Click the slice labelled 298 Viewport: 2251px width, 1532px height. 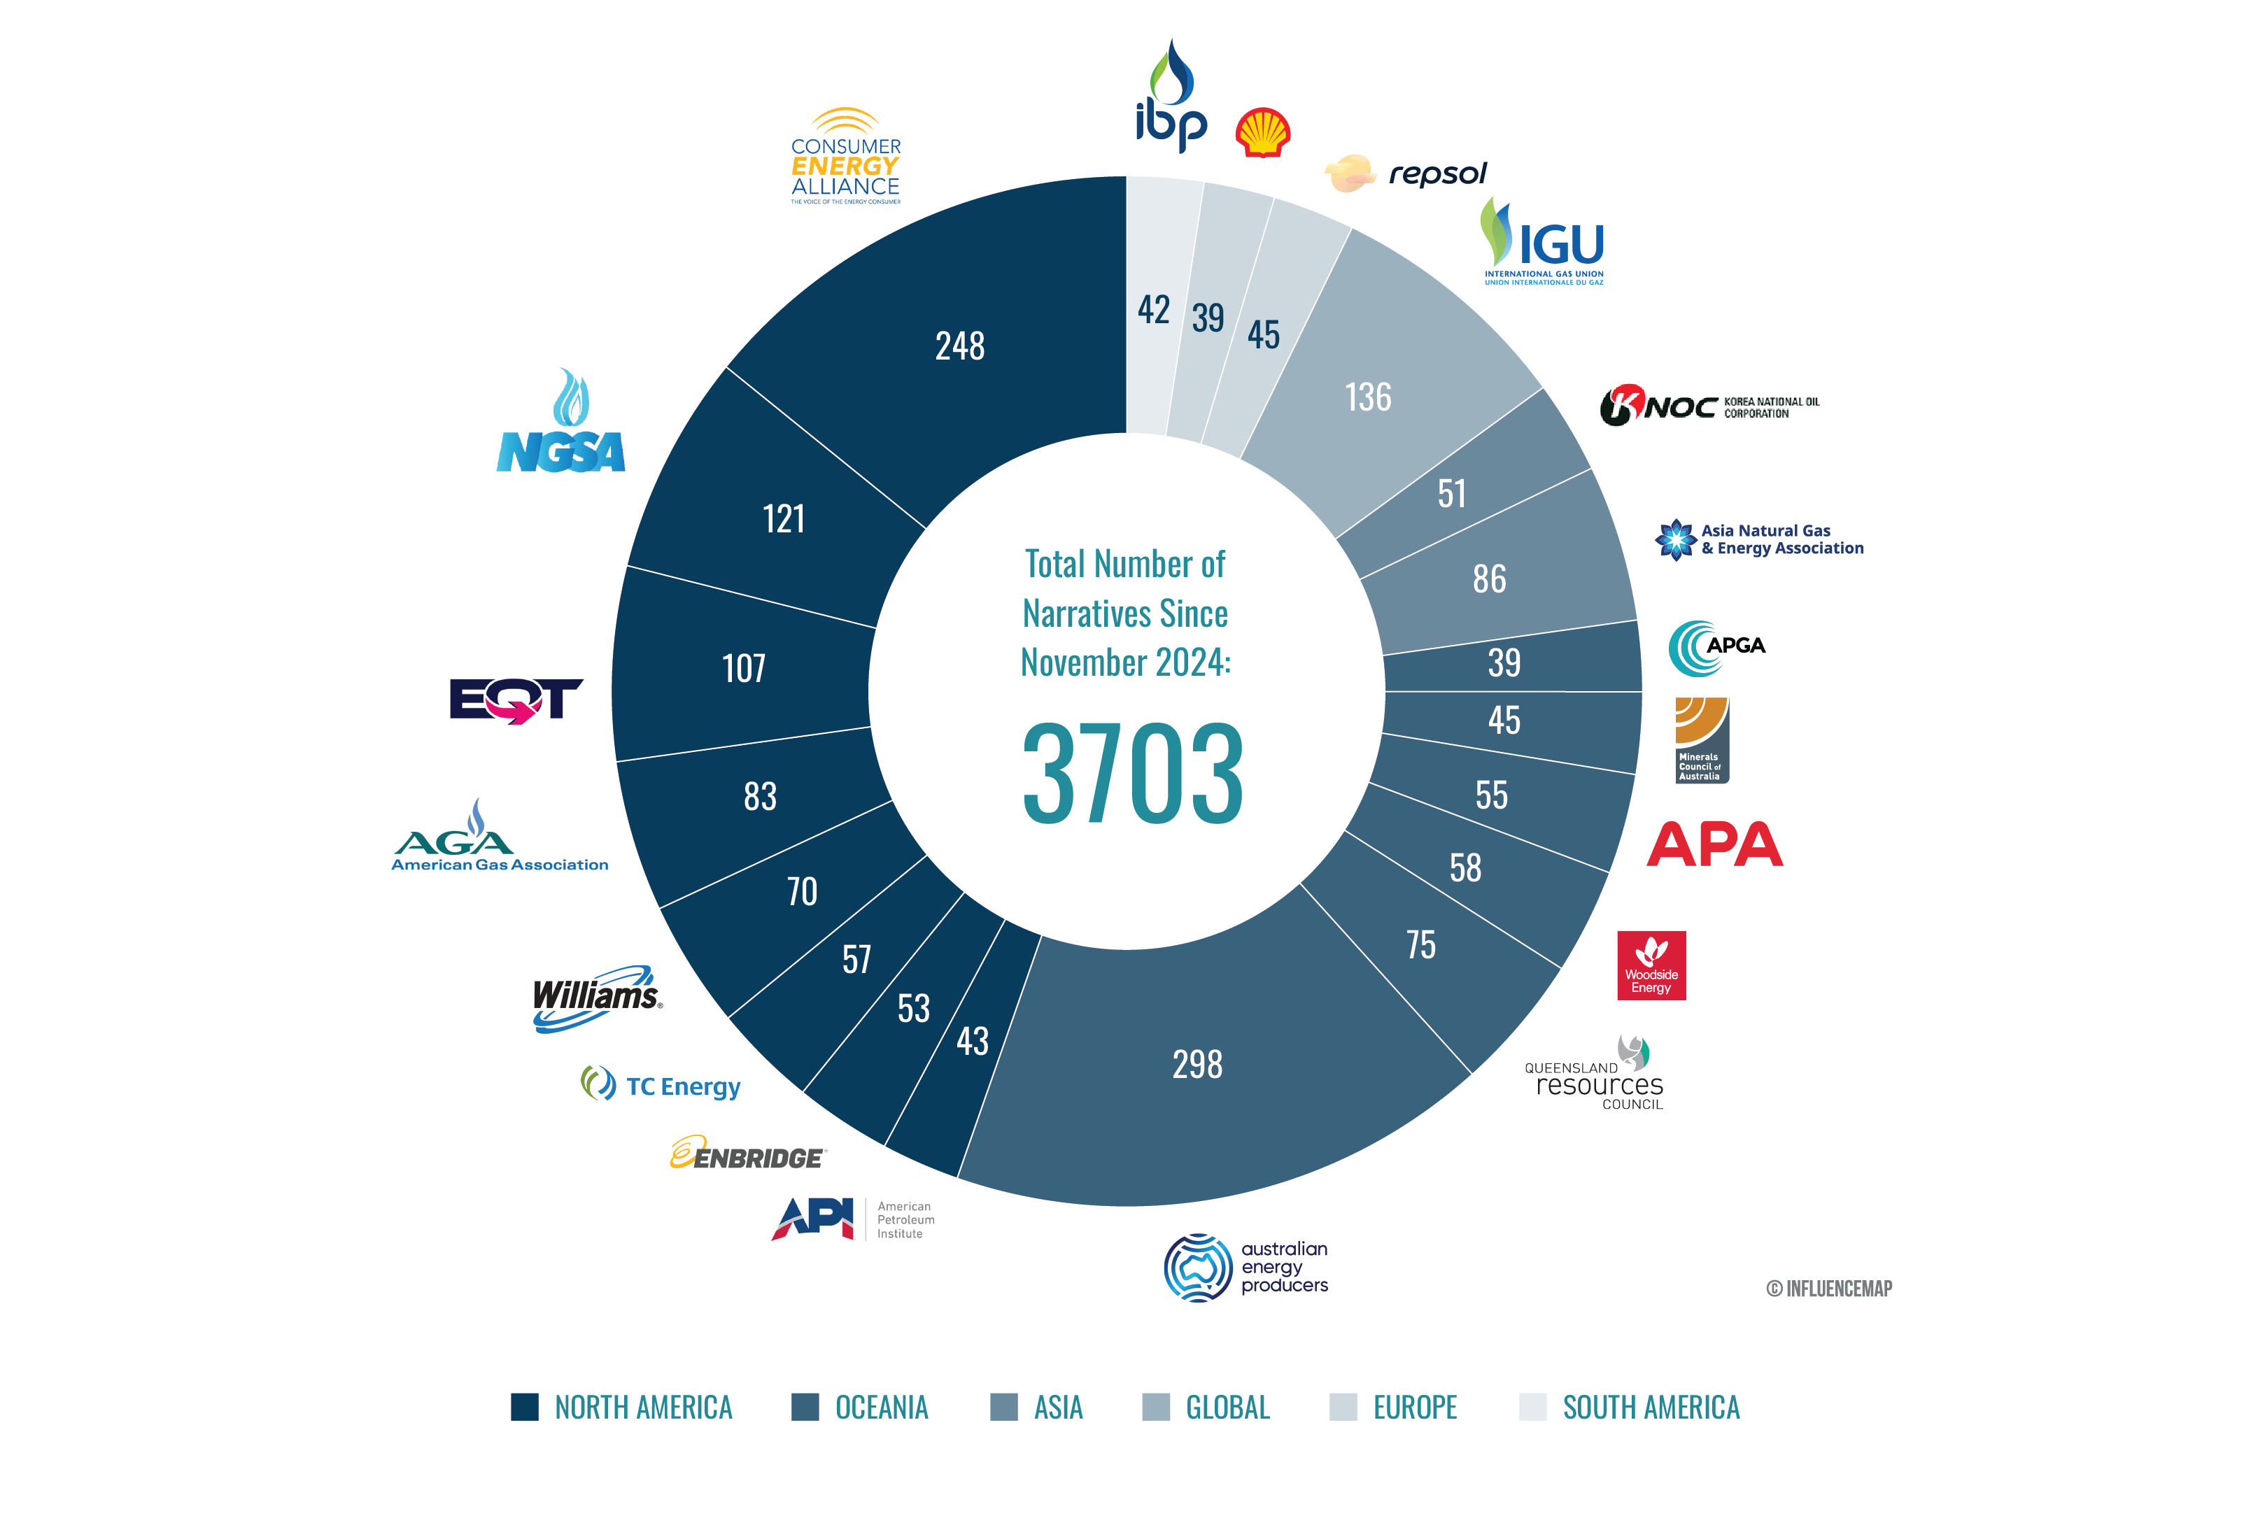[1197, 1064]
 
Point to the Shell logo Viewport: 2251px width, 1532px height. [1262, 133]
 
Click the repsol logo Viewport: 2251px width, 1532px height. [1406, 174]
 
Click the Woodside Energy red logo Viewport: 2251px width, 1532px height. [1651, 965]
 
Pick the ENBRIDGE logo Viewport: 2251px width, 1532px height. [748, 1154]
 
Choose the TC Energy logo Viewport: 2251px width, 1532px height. [661, 1084]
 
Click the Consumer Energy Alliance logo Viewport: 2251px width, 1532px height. [845, 157]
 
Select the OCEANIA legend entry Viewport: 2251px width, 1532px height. [860, 1407]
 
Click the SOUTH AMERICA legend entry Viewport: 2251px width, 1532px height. [1630, 1407]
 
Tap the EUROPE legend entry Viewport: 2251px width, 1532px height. [1394, 1407]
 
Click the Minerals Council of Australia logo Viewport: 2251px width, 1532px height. [1701, 740]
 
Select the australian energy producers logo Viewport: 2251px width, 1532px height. [1246, 1267]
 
